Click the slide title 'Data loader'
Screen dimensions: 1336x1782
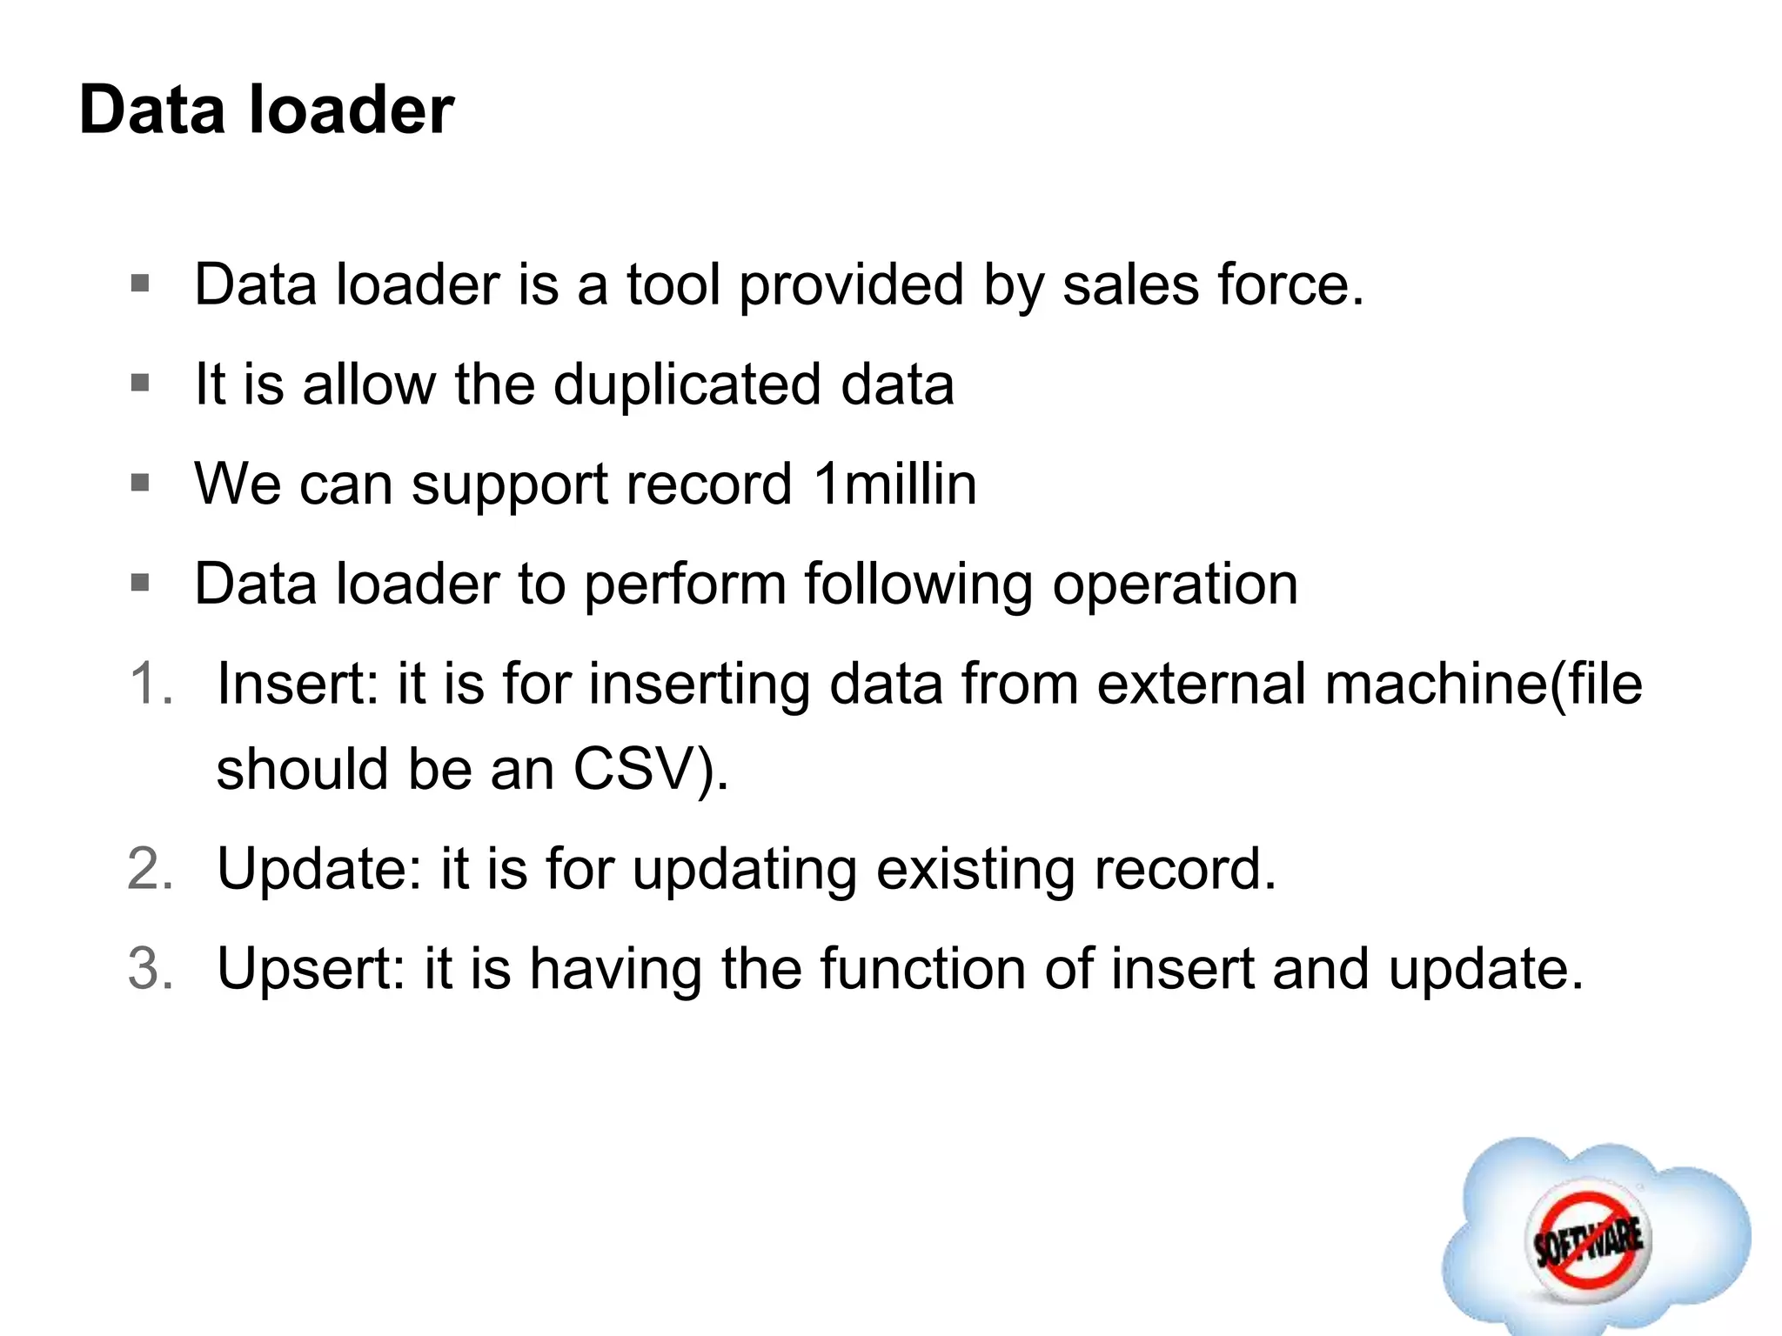[266, 110]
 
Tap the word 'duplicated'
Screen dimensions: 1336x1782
[687, 384]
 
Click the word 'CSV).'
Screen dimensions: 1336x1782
[651, 770]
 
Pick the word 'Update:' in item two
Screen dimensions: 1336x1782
[318, 869]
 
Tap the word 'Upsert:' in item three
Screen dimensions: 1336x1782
[311, 969]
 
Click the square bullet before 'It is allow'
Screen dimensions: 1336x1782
[140, 383]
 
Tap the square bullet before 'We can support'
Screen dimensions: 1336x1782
[140, 482]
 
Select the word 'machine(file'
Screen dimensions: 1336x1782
[1484, 684]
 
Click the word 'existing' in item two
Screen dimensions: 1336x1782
[975, 869]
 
